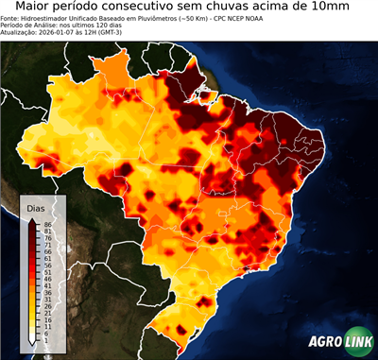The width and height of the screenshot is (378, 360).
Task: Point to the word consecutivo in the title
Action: pyautogui.click(x=140, y=7)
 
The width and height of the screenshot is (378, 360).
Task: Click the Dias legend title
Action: pyautogui.click(x=36, y=207)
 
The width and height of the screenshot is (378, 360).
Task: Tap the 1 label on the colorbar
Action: pyautogui.click(x=45, y=339)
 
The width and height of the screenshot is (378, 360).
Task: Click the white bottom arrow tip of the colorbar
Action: pyautogui.click(x=33, y=341)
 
